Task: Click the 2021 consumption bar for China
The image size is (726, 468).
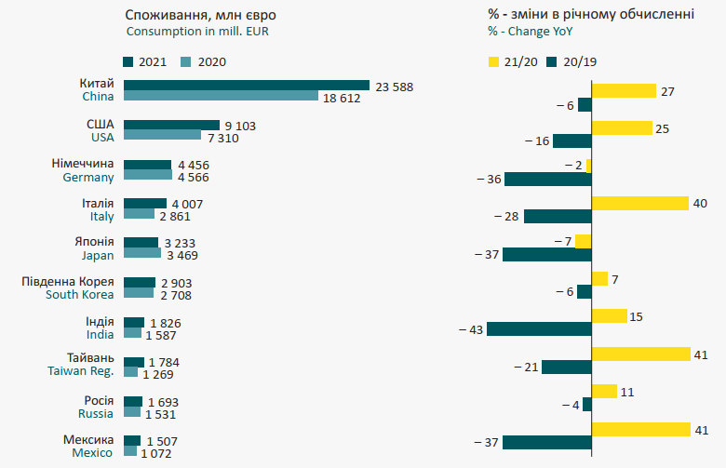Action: [x=246, y=86]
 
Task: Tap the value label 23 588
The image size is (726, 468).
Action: [x=395, y=87]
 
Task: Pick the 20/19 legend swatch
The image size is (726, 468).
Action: [x=555, y=62]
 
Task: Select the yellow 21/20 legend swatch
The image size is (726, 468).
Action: [x=493, y=62]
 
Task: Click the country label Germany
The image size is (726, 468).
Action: [x=88, y=177]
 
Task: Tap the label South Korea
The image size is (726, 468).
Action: [x=80, y=295]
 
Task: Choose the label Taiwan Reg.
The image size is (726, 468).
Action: [x=81, y=370]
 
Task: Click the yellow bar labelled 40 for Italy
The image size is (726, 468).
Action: [x=639, y=203]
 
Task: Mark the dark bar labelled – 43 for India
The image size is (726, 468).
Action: [x=539, y=328]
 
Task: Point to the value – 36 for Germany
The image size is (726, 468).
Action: [x=488, y=179]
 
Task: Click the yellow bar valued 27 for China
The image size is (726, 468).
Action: [x=624, y=91]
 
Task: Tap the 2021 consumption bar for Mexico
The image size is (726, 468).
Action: [x=132, y=441]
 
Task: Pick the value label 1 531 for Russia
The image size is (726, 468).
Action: [x=160, y=414]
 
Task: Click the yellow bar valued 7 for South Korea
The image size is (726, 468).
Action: [x=599, y=278]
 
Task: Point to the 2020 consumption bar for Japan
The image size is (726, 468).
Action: [x=142, y=252]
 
